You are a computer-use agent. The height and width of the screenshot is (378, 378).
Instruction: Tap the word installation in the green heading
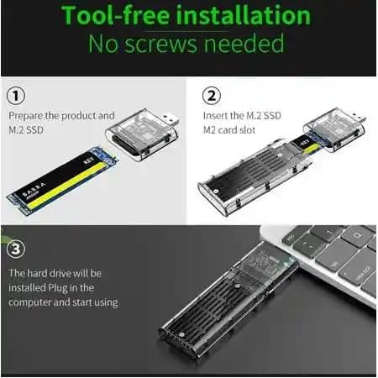click(x=244, y=15)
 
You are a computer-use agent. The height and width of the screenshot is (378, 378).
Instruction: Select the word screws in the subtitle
click(x=160, y=44)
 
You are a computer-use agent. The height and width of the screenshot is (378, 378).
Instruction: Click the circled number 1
click(x=16, y=96)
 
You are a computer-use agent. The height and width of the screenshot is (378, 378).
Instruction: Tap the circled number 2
click(x=212, y=96)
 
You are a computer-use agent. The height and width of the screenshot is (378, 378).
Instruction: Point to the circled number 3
click(x=16, y=249)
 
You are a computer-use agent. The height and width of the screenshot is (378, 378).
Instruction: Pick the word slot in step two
click(x=248, y=130)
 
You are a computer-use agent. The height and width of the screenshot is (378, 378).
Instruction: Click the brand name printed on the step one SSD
click(x=34, y=190)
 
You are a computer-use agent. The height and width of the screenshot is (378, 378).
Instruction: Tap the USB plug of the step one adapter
click(x=170, y=120)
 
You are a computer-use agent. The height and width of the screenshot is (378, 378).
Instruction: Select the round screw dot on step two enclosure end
click(x=216, y=192)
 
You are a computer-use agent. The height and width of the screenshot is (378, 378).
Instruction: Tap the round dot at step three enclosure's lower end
click(x=181, y=335)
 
